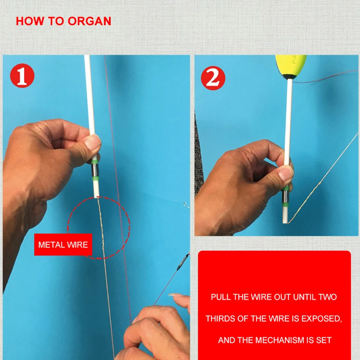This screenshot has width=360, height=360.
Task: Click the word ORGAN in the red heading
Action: (x=89, y=21)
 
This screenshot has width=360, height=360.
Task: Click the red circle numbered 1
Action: (x=22, y=76)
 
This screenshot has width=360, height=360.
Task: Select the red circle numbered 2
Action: (x=213, y=78)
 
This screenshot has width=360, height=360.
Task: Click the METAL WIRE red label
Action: (x=63, y=244)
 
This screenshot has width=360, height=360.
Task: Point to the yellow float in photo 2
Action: (x=291, y=66)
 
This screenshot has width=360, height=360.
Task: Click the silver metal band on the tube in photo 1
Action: (x=95, y=170)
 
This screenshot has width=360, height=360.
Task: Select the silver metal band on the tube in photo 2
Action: (x=285, y=197)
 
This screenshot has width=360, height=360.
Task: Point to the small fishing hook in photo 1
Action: (x=186, y=205)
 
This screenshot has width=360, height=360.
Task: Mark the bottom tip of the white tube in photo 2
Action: (x=285, y=223)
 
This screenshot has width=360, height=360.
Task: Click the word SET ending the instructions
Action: (x=324, y=340)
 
